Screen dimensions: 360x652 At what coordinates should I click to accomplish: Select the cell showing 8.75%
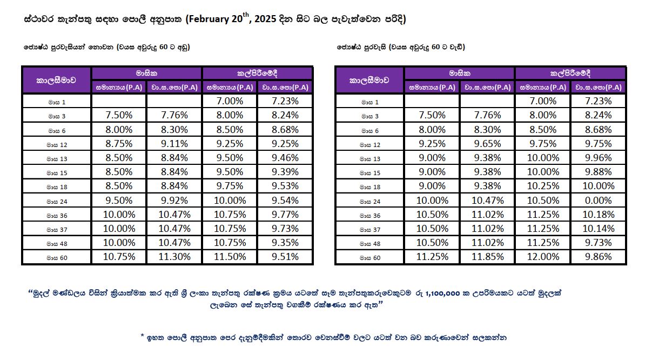click(x=119, y=144)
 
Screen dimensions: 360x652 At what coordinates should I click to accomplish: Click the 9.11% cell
click(x=174, y=144)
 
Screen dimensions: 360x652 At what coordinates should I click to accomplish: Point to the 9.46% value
click(x=285, y=158)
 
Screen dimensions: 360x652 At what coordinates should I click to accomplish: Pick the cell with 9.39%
click(x=285, y=172)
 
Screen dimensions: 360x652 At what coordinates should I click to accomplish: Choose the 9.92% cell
click(x=174, y=200)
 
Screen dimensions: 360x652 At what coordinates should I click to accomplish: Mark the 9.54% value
click(x=285, y=200)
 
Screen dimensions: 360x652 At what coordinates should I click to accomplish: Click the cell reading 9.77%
click(x=285, y=215)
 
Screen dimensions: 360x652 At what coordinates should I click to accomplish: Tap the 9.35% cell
click(x=285, y=243)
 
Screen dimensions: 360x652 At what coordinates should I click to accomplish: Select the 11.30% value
click(x=174, y=257)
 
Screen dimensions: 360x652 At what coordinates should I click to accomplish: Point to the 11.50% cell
click(x=230, y=257)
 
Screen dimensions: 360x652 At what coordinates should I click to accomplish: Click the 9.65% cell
click(x=487, y=144)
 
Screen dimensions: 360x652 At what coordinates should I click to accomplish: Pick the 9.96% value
click(x=598, y=158)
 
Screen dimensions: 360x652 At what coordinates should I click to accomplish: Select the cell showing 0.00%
click(x=598, y=200)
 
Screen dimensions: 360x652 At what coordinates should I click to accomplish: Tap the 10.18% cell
click(x=598, y=215)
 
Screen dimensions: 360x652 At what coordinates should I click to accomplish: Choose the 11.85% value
click(x=487, y=257)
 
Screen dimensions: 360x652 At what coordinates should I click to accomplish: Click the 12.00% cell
click(x=543, y=257)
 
